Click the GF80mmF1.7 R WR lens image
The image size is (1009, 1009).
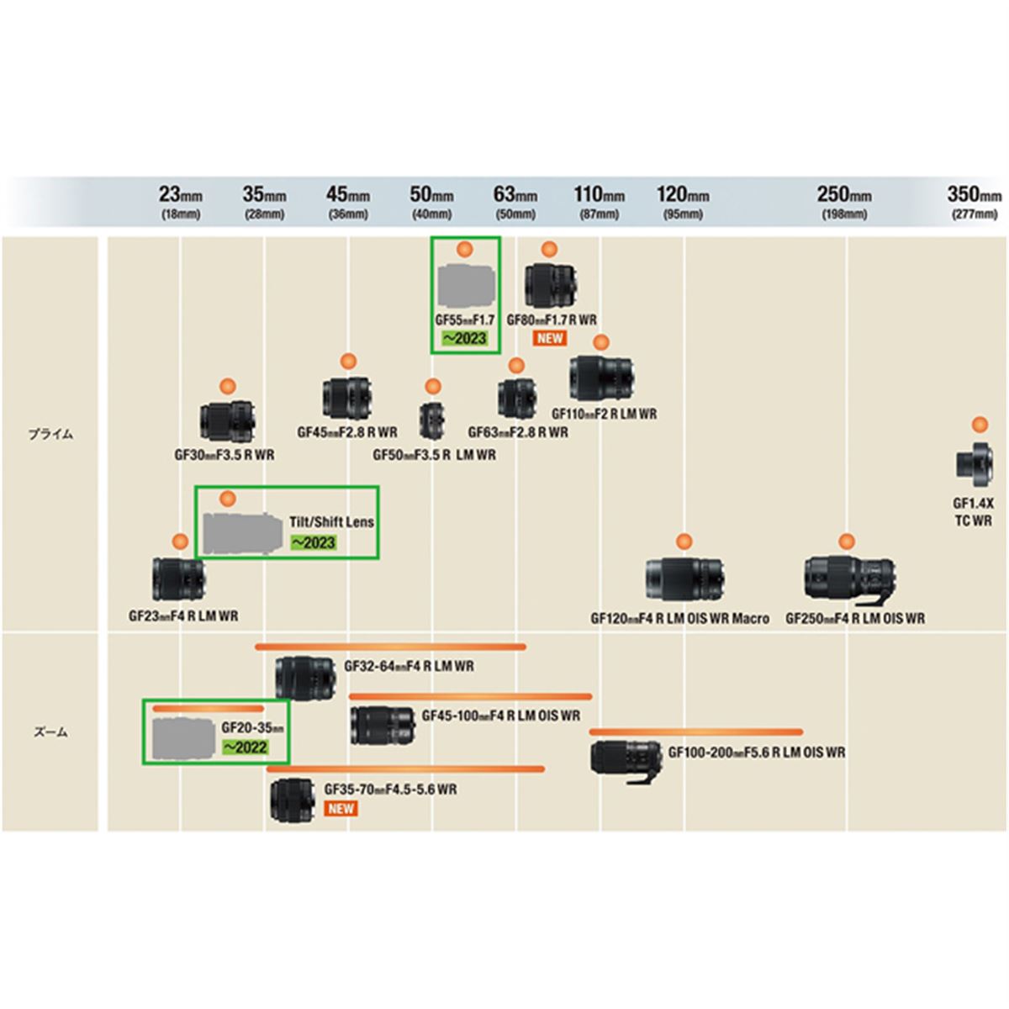pos(551,286)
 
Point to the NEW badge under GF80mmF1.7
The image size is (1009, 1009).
pos(550,338)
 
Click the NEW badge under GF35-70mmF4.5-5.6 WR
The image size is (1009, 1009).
pos(341,808)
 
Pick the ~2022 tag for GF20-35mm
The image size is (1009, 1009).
pos(244,747)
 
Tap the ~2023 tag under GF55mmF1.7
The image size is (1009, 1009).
pos(465,339)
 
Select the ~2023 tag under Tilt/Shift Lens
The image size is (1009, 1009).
pos(313,542)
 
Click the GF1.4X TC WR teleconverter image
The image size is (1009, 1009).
pos(975,462)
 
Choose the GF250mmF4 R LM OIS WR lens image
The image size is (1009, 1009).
pos(849,579)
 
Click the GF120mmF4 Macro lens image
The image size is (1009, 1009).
pos(686,580)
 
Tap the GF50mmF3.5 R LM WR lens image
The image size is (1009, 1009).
pos(433,420)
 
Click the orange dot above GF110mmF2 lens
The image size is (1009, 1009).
pos(600,341)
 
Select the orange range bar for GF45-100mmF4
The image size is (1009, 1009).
pos(470,696)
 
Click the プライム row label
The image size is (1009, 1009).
pos(50,435)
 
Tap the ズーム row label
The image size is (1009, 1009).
pos(50,732)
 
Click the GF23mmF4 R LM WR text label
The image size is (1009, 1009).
pos(183,615)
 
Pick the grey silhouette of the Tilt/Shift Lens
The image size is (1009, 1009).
pos(241,532)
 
